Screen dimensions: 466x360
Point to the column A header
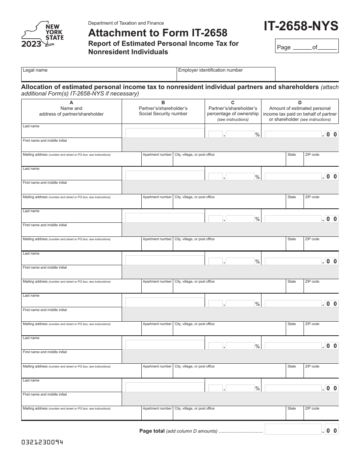(x=71, y=108)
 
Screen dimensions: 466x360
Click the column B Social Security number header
(x=163, y=108)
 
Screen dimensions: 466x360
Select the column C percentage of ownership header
(x=233, y=111)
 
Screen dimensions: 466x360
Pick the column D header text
(x=300, y=111)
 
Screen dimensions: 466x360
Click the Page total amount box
(x=293, y=430)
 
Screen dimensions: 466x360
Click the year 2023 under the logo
(x=31, y=44)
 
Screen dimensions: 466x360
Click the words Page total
(x=152, y=431)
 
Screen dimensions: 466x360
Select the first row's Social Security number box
(x=165, y=133)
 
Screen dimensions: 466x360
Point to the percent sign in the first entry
(x=258, y=135)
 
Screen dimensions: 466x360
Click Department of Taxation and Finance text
(x=126, y=23)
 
